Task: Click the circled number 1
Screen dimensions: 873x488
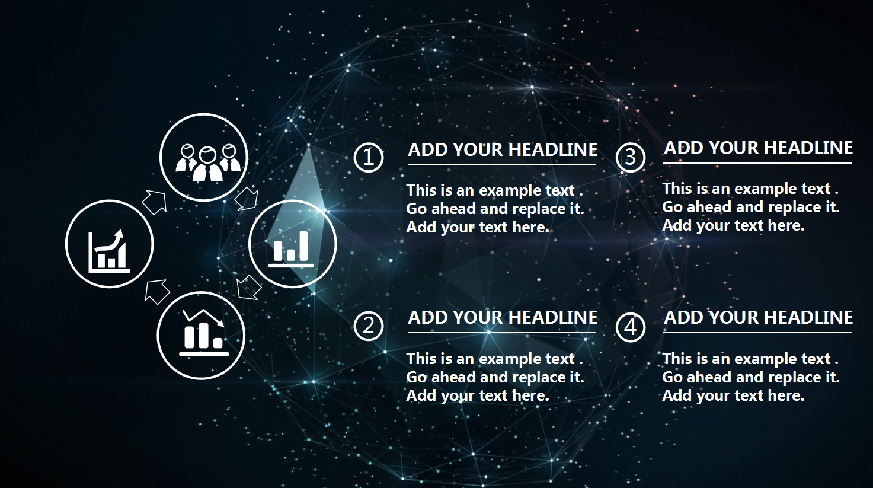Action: click(x=368, y=158)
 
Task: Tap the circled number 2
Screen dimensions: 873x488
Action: click(x=368, y=326)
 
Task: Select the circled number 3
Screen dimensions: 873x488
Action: click(x=631, y=158)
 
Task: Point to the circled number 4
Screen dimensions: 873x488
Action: click(x=631, y=327)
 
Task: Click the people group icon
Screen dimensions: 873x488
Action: click(x=207, y=162)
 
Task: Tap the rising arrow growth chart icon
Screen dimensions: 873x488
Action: click(x=108, y=251)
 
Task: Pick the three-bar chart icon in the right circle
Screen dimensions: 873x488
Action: click(x=291, y=248)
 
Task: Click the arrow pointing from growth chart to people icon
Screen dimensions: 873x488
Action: click(x=155, y=202)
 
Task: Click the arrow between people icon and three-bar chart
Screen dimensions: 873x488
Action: click(x=247, y=199)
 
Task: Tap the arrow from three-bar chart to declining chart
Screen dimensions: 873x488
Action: click(x=249, y=288)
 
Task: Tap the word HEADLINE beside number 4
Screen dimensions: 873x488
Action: click(x=808, y=318)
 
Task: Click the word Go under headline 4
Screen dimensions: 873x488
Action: click(x=672, y=377)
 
